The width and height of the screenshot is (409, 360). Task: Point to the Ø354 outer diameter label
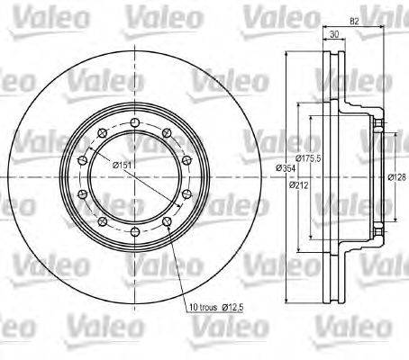pos(286,167)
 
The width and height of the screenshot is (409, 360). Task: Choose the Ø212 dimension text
pos(299,185)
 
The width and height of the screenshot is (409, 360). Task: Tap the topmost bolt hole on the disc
pos(134,121)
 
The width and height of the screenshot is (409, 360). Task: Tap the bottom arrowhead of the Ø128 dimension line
pos(386,221)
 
